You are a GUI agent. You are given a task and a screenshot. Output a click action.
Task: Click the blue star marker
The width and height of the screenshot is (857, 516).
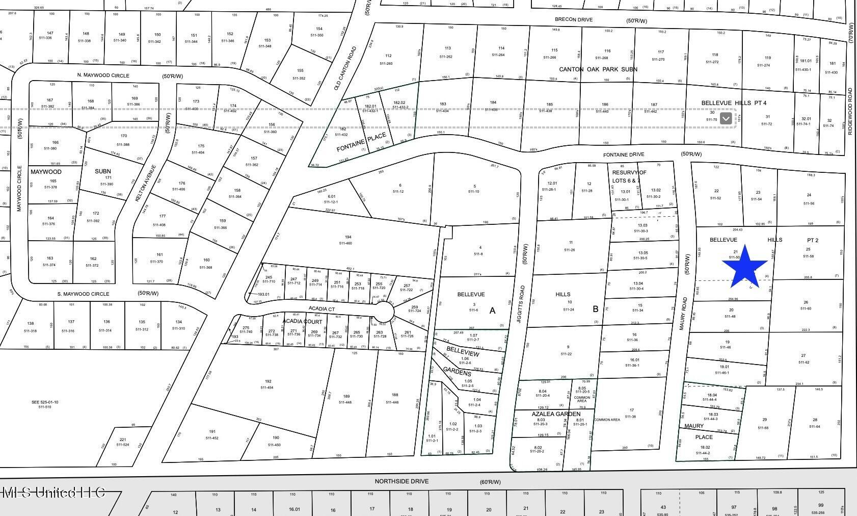point(745,266)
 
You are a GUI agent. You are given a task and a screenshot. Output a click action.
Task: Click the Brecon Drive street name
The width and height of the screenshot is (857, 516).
point(574,20)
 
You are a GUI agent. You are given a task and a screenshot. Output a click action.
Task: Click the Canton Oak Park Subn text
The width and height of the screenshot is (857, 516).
point(598,69)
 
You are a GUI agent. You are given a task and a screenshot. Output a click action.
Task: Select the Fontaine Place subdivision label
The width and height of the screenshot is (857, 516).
point(361,142)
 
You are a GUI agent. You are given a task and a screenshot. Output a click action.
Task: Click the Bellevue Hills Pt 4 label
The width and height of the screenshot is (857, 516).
point(734,103)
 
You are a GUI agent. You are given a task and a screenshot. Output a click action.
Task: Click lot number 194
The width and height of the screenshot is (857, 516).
point(348,237)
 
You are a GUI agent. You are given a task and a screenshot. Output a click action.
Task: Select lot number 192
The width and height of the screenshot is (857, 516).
point(268,381)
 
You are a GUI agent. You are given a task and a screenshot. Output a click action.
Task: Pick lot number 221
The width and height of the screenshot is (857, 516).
point(122,440)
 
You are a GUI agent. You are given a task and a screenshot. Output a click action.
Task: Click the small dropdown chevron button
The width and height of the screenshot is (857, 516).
point(726,119)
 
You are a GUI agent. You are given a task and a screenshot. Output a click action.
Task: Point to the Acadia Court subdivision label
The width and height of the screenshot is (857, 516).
point(303,322)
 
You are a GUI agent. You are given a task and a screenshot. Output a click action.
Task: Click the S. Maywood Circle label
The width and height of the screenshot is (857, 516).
point(83,294)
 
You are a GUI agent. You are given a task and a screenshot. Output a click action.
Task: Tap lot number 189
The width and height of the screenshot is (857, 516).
point(346,397)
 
